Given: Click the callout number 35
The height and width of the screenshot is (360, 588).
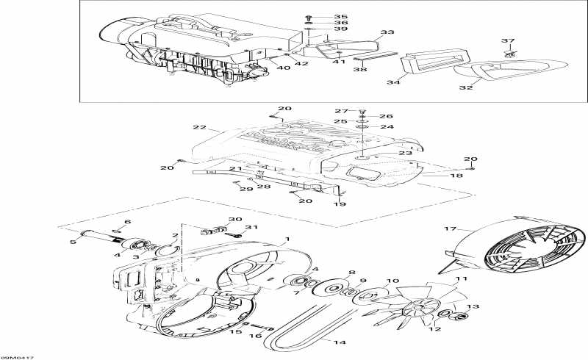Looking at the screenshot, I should click(320, 16).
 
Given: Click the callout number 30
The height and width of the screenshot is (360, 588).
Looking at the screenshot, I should click(234, 220).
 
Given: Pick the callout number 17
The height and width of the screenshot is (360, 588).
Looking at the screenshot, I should click(451, 229).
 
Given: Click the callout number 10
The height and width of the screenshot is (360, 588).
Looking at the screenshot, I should click(393, 281).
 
